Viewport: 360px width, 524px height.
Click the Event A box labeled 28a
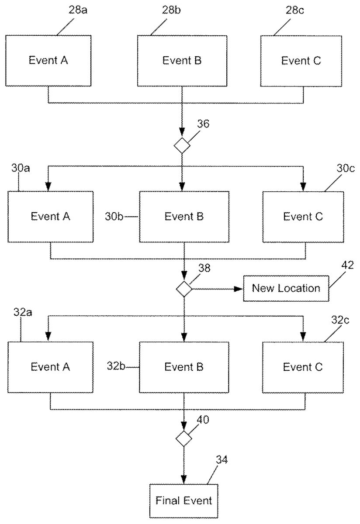(48, 61)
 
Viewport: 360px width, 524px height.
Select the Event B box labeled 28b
(182, 61)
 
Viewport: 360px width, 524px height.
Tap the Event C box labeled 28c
(301, 61)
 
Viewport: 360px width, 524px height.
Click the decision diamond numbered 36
(182, 145)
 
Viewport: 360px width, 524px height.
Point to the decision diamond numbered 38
(184, 289)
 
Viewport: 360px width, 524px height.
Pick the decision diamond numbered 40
(184, 438)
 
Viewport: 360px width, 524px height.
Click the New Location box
(286, 289)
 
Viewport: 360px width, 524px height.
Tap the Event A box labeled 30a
(50, 216)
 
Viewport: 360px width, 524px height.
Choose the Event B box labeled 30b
(184, 216)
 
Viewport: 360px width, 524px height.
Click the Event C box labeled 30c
(303, 216)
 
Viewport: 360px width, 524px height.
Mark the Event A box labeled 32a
(50, 367)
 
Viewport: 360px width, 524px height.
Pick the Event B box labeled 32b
(184, 367)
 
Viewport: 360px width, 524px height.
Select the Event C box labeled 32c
(303, 367)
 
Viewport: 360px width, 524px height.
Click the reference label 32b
(116, 366)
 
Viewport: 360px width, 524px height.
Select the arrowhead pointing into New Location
(239, 289)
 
